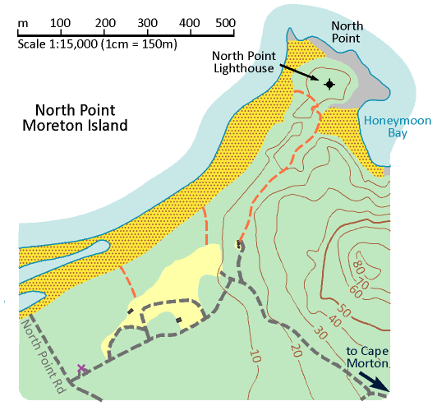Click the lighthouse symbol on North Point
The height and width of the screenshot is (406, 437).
(329, 84)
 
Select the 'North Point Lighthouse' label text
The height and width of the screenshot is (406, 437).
(244, 62)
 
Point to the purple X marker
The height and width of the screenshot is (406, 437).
(80, 368)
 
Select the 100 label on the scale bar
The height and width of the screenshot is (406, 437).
(59, 21)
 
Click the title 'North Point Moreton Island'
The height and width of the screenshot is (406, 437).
(82, 118)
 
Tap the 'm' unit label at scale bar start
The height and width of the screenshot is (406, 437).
(21, 21)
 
